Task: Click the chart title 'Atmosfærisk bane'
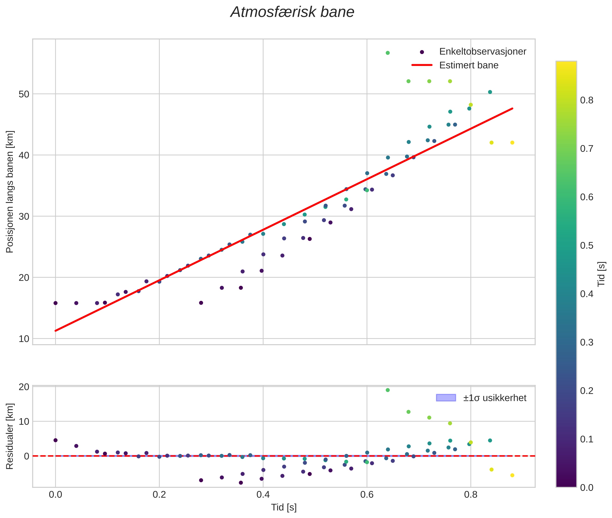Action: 292,12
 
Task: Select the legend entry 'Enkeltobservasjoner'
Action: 482,52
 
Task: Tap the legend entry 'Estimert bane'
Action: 469,65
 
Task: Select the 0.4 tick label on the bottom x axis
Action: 263,494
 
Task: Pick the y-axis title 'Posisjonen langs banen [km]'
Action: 10,192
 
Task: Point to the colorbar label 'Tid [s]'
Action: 602,274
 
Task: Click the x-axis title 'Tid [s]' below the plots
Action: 284,507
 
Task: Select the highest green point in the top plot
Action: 388,53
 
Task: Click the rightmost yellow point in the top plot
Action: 512,143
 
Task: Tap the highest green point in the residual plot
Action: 388,390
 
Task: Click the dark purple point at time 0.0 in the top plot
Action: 55,303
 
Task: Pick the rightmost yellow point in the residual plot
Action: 512,475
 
